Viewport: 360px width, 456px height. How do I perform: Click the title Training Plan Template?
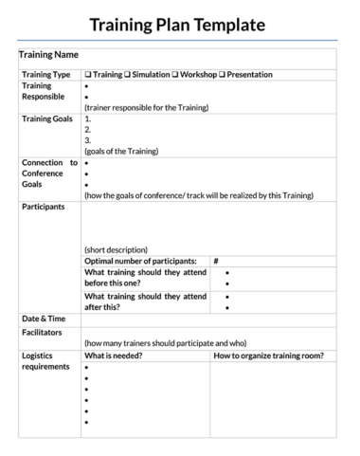tap(179, 25)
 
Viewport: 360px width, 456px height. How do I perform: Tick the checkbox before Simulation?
tap(127, 74)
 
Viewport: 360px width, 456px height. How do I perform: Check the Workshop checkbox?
tap(175, 74)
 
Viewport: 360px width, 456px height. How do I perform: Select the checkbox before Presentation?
tap(223, 74)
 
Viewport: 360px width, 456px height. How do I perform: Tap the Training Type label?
tap(45, 74)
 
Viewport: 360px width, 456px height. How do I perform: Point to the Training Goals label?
tap(47, 119)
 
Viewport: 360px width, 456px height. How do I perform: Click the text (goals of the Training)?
tap(121, 151)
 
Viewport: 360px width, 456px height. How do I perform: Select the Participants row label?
tap(44, 206)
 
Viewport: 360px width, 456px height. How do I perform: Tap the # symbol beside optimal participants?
tap(216, 261)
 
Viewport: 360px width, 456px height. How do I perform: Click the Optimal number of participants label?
tap(141, 261)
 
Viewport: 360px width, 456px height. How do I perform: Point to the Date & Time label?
tap(44, 318)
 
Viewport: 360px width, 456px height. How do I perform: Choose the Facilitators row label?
tap(43, 333)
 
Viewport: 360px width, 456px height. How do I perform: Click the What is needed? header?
tap(114, 356)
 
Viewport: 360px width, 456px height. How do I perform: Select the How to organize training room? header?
tap(269, 356)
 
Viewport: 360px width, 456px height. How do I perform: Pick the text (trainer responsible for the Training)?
tap(146, 107)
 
